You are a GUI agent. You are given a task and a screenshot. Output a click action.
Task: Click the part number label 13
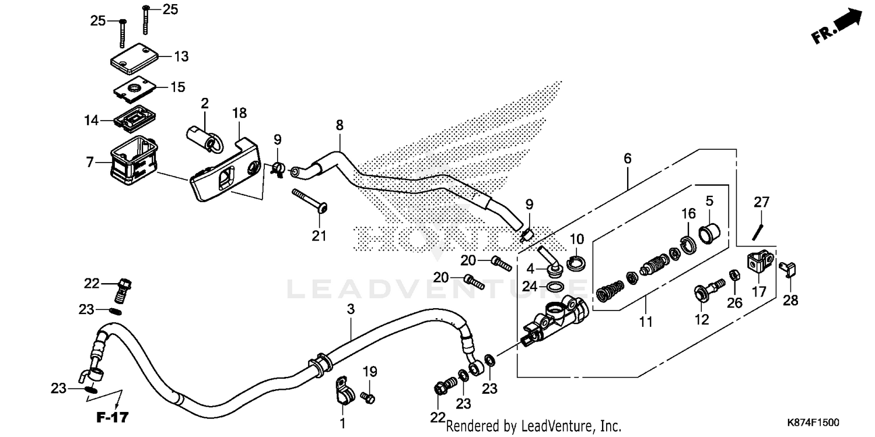[181, 57]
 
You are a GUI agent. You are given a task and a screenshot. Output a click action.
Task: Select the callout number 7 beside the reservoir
[90, 162]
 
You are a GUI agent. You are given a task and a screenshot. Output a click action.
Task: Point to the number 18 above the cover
[240, 112]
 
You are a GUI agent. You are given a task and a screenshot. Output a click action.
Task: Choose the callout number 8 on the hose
[339, 125]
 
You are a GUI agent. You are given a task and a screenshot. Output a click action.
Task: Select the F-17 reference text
[113, 417]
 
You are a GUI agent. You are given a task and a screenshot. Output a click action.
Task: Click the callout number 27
[761, 203]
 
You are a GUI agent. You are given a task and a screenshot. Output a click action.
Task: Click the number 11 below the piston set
[646, 321]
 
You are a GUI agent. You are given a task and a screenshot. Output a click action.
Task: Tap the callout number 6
[628, 158]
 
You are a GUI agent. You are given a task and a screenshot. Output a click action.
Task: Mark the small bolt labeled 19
[368, 398]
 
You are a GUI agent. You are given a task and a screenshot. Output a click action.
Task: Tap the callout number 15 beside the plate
[177, 87]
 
